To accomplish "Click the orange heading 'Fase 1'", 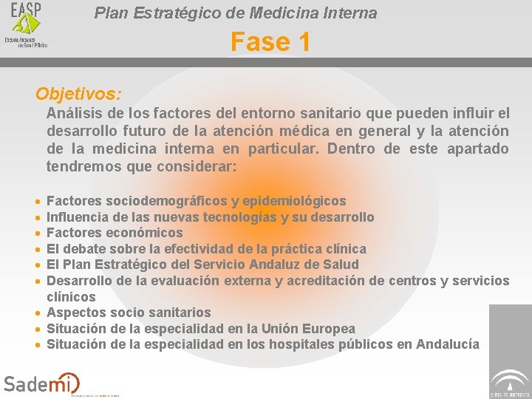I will [x=270, y=42].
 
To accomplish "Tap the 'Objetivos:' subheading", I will [x=78, y=95].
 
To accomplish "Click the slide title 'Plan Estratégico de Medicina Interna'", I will [x=236, y=13].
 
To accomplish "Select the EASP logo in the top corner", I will [x=27, y=24].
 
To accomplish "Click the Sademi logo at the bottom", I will [x=41, y=383].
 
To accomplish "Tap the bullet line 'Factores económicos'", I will [x=115, y=233].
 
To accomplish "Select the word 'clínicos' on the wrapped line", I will [x=71, y=297].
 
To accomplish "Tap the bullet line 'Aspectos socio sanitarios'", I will [x=129, y=313].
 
